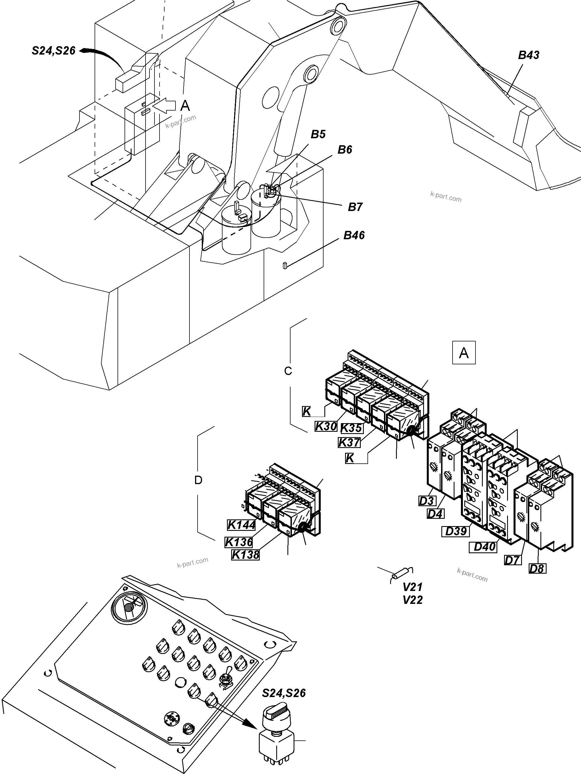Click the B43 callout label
[528, 55]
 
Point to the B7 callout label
[355, 207]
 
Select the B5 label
[318, 134]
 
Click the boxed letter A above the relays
[464, 353]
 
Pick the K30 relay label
[326, 426]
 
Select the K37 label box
[349, 443]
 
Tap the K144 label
[241, 525]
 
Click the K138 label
[245, 555]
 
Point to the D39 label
[456, 531]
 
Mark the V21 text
[413, 587]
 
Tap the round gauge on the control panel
[129, 609]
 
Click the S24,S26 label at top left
[53, 51]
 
